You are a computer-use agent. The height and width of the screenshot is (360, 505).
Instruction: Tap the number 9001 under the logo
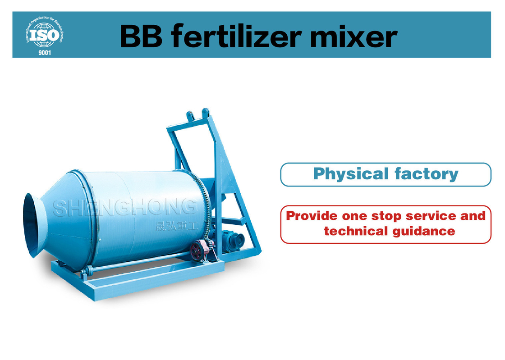(45, 52)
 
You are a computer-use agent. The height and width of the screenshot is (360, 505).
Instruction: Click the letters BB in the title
(141, 36)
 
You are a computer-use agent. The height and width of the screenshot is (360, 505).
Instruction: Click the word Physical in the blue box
(351, 174)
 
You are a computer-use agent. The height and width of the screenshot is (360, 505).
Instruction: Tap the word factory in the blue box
(427, 174)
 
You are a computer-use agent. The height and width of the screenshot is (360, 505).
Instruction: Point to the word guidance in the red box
(424, 232)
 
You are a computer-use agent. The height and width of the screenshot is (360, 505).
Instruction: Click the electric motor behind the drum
(233, 240)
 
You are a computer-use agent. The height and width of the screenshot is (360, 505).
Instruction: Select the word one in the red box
(354, 216)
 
